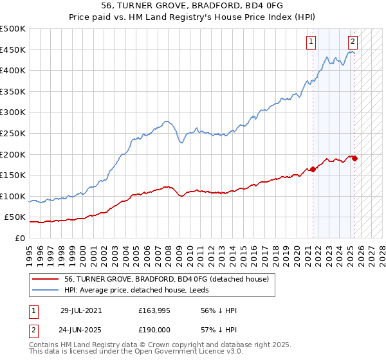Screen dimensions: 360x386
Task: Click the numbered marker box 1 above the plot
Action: point(311,42)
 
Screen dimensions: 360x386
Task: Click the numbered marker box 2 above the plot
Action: point(353,42)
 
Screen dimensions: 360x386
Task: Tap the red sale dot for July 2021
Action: point(313,169)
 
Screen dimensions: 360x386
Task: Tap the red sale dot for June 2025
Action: point(354,158)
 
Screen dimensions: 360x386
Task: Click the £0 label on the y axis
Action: point(19,238)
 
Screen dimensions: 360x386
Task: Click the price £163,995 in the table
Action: point(153,310)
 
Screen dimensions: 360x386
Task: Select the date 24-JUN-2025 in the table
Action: point(84,329)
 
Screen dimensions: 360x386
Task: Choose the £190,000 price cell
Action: point(153,329)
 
